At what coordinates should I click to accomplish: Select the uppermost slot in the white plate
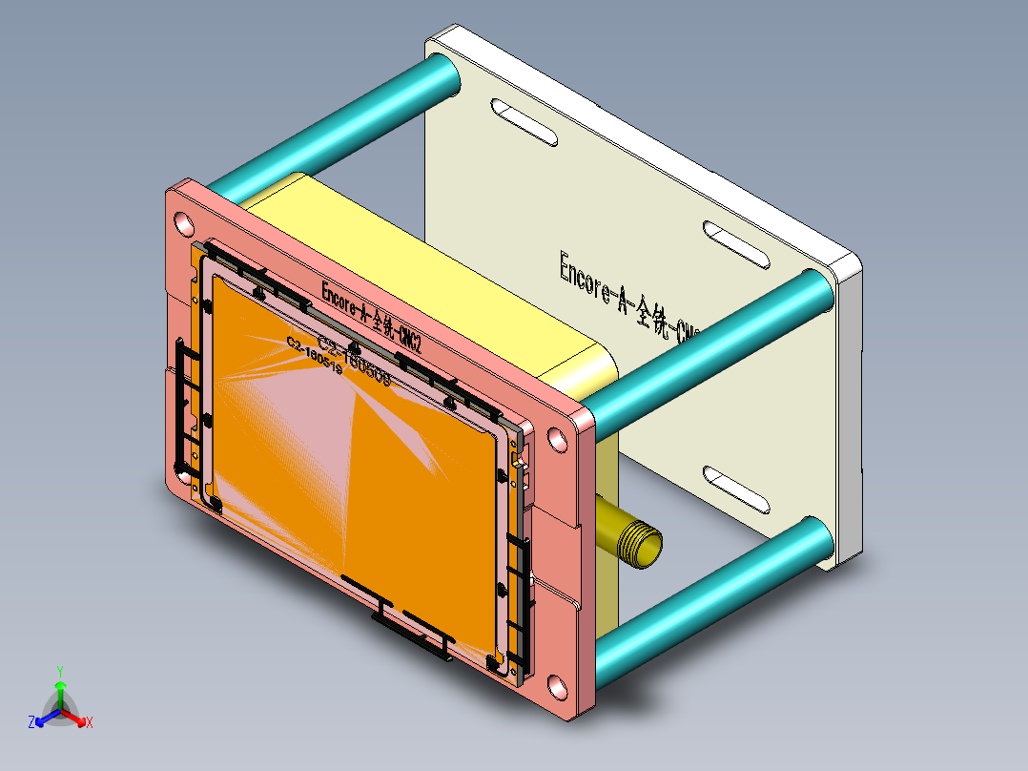point(524,122)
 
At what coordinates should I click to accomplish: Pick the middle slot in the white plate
point(735,244)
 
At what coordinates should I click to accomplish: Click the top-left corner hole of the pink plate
point(181,223)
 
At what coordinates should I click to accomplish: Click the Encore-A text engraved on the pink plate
point(372,316)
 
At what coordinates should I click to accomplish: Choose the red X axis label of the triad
point(89,722)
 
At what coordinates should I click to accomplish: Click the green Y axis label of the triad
point(59,671)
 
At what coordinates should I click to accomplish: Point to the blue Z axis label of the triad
point(31,722)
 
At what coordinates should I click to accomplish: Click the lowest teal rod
point(715,601)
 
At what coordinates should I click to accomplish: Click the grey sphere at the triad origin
point(59,711)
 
